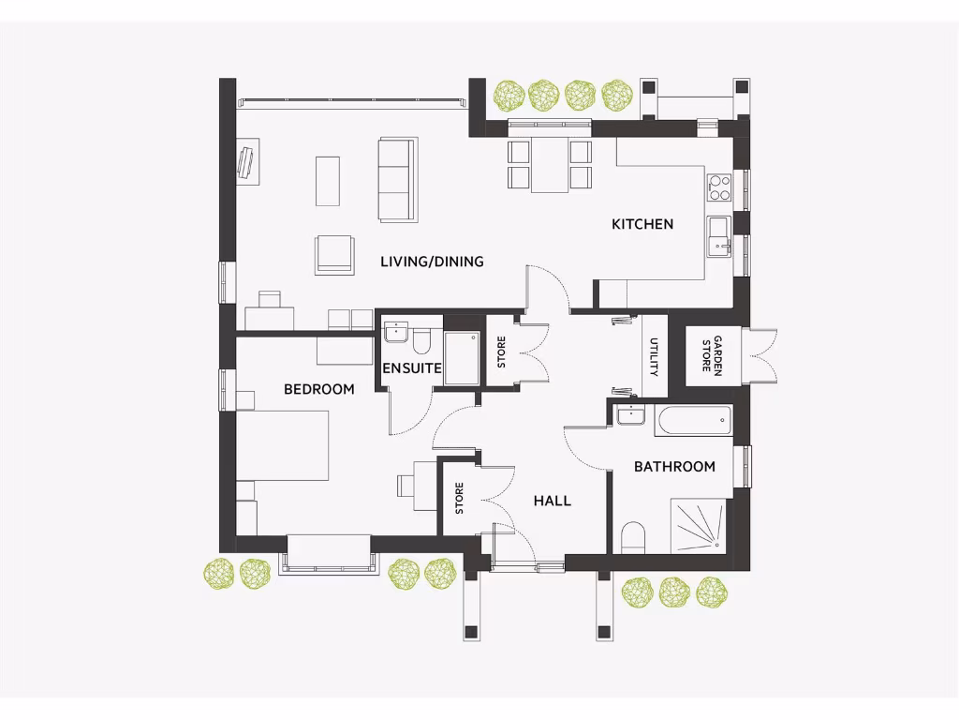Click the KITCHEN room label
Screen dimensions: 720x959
click(642, 224)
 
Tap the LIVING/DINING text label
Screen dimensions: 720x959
click(432, 262)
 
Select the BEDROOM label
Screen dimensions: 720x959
click(319, 389)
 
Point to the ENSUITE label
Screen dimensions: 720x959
click(411, 368)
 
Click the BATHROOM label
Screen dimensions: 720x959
click(674, 466)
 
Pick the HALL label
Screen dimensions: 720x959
click(553, 501)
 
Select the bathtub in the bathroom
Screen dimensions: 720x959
click(693, 421)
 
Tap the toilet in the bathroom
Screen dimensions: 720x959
click(633, 537)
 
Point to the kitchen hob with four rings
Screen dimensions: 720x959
click(719, 187)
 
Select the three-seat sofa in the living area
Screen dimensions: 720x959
click(395, 179)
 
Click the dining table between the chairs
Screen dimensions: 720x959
click(550, 164)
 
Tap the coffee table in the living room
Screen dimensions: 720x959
click(327, 181)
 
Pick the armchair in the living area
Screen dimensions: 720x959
click(335, 254)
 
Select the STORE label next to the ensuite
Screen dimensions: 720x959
click(501, 352)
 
